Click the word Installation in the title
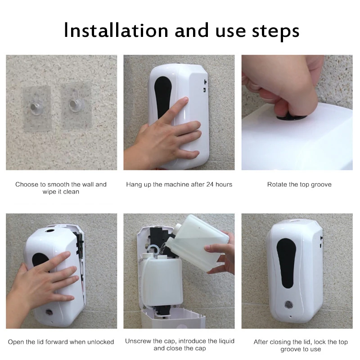tap(115, 30)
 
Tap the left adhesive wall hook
tap(34, 106)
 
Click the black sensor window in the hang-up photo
tap(161, 97)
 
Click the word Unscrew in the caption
tap(138, 341)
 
